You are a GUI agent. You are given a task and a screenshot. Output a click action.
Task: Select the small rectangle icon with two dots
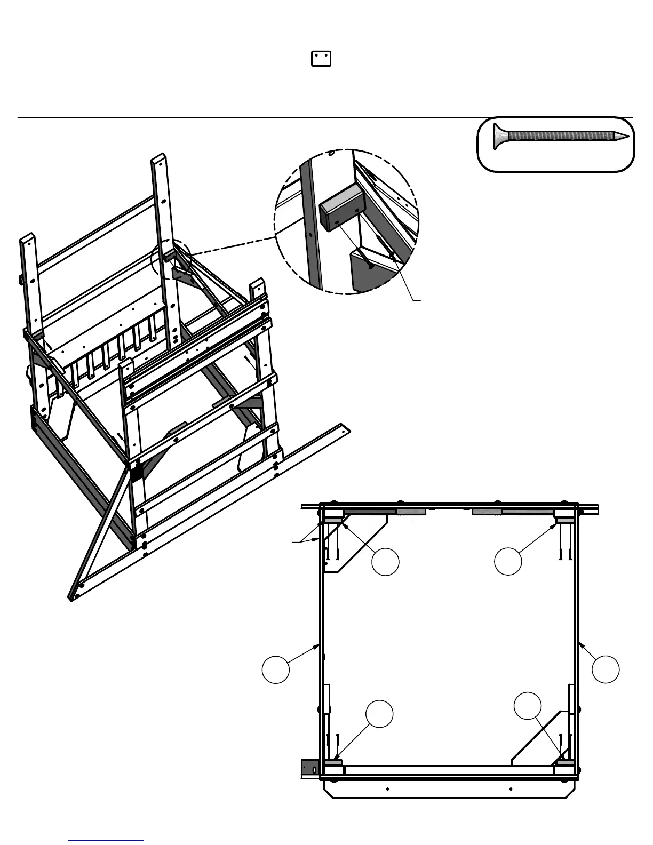(x=321, y=59)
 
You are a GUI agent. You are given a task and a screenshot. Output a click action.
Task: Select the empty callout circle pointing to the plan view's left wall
(x=276, y=669)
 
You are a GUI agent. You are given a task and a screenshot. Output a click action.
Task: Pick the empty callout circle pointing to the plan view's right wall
(x=606, y=669)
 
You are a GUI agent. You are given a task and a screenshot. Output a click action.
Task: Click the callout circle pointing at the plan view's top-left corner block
(x=385, y=562)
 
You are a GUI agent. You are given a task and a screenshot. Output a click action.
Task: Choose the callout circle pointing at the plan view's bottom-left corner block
(x=380, y=713)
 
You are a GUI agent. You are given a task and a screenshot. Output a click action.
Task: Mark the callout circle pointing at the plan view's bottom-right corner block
(x=528, y=705)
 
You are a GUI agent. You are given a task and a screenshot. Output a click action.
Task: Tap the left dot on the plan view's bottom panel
(x=387, y=788)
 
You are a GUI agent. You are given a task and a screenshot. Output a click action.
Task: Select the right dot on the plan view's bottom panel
(x=511, y=788)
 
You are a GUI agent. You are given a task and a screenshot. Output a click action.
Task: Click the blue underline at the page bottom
(x=106, y=841)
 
